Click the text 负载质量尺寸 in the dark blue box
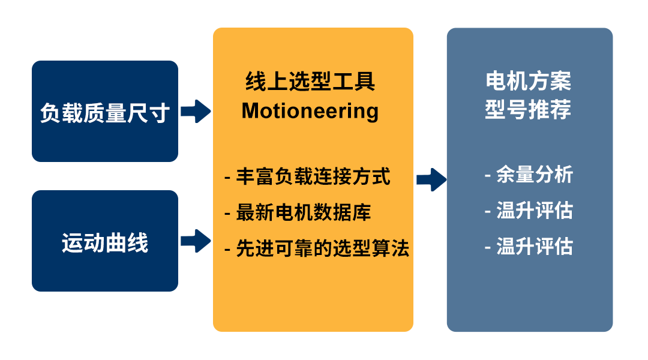[105, 113]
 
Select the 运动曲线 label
[105, 242]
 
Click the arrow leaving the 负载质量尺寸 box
[196, 111]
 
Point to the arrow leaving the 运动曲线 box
[196, 241]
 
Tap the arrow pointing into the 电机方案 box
[431, 180]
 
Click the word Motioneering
[310, 111]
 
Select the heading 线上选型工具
[310, 81]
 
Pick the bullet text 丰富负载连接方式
[313, 176]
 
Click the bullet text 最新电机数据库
[304, 212]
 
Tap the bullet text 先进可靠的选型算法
[322, 248]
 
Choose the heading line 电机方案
[528, 81]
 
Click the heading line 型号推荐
[528, 110]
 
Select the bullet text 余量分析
[535, 175]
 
